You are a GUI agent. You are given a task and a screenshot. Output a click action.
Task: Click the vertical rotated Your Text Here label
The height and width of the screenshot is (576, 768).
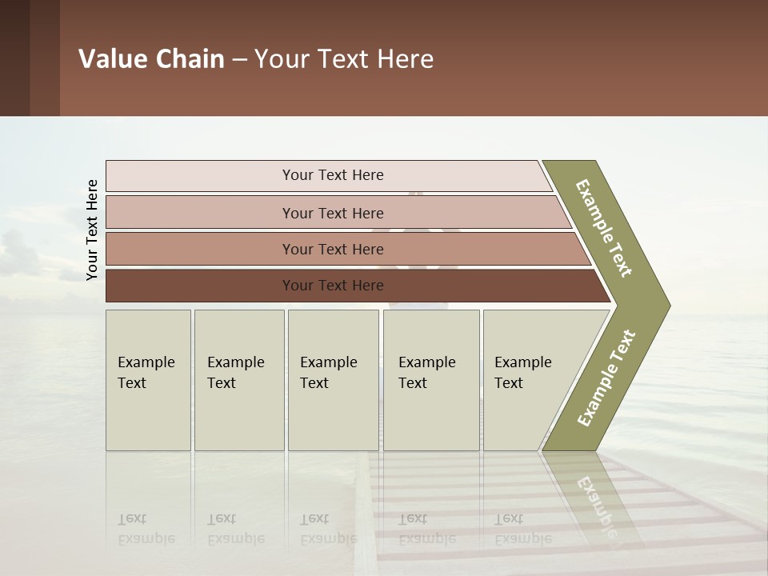[x=92, y=230]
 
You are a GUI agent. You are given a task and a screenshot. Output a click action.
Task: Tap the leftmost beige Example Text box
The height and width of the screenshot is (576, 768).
[x=148, y=380]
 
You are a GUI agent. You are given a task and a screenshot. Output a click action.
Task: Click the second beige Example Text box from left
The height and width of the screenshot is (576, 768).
[x=239, y=380]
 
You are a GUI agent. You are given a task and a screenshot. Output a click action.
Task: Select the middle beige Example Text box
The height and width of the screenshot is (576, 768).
[x=333, y=380]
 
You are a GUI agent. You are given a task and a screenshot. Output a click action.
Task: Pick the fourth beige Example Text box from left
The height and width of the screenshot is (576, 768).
[x=431, y=380]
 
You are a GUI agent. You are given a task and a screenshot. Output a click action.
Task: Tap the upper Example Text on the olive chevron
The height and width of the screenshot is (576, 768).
[x=604, y=228]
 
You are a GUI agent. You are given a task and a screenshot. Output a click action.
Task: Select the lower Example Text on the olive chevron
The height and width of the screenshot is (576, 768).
[x=606, y=378]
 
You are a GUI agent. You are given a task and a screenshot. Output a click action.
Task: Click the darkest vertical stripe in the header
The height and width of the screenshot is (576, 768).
[x=14, y=58]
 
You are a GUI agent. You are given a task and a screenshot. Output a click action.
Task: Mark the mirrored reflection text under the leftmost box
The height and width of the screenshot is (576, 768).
[x=146, y=530]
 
